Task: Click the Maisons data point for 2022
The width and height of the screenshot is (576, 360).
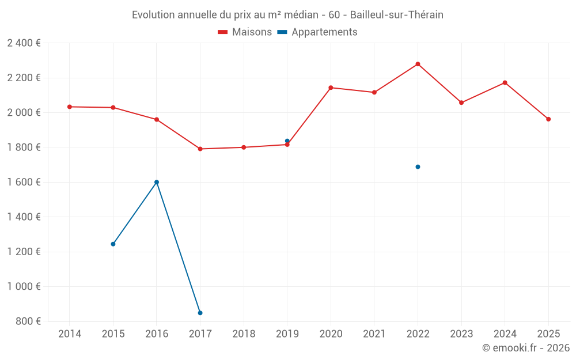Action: click(x=418, y=64)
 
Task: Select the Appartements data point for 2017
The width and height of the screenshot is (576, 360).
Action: click(x=200, y=313)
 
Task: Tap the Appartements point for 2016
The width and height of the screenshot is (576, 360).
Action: click(x=157, y=182)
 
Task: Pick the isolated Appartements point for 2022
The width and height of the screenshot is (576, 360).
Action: click(x=418, y=167)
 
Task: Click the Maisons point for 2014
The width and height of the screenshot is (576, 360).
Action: click(x=70, y=107)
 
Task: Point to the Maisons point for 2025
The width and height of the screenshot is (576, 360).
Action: click(x=548, y=119)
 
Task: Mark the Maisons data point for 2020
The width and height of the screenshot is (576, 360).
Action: click(x=331, y=88)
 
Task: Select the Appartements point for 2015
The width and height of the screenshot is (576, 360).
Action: click(x=113, y=244)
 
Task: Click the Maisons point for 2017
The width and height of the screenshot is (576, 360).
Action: click(x=200, y=149)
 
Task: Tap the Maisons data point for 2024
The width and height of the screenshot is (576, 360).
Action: click(x=505, y=82)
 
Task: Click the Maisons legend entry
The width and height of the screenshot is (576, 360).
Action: click(x=245, y=32)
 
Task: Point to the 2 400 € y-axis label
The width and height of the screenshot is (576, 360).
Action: click(x=24, y=43)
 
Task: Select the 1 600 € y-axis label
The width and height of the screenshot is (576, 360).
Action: click(x=24, y=182)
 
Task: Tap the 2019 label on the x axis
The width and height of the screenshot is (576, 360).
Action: click(x=287, y=334)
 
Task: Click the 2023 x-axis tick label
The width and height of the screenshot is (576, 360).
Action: click(x=461, y=334)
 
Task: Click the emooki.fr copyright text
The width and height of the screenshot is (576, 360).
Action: click(x=526, y=348)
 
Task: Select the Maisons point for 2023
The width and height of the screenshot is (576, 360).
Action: click(x=461, y=103)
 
